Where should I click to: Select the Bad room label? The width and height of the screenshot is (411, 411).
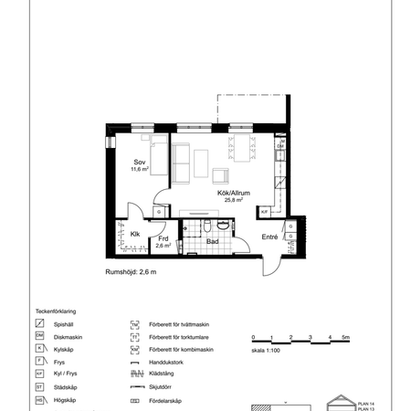click(211, 242)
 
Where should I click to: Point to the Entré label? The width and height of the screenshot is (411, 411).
click(269, 237)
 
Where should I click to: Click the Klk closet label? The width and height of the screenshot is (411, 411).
click(134, 235)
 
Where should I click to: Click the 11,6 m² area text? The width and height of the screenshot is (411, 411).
click(140, 169)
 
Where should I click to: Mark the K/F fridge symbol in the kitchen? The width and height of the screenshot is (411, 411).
click(264, 211)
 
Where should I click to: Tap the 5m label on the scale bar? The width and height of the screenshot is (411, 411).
click(345, 338)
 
